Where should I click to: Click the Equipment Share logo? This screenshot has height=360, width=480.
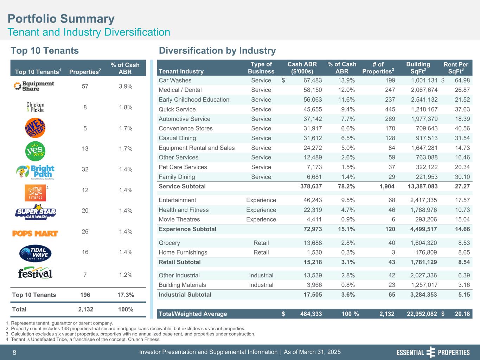[34, 86]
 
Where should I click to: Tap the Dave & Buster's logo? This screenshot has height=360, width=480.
[36, 128]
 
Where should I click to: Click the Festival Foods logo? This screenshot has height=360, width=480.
[36, 274]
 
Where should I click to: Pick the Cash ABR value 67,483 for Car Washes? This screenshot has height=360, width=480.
[313, 81]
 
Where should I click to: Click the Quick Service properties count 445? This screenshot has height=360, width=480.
[390, 109]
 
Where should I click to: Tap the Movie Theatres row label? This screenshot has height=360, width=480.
[179, 220]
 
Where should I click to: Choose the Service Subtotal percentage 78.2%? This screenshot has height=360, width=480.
[346, 186]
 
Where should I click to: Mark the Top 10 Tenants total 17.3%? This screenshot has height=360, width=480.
[125, 295]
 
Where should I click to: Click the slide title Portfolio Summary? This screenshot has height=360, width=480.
[61, 19]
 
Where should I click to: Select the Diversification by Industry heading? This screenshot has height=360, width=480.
[217, 51]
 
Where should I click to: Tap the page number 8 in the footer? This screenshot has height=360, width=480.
[14, 353]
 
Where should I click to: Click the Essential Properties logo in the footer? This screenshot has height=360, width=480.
[433, 353]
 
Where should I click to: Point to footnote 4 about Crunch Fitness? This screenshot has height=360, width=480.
[83, 340]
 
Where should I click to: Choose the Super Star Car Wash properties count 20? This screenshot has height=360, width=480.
[85, 211]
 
